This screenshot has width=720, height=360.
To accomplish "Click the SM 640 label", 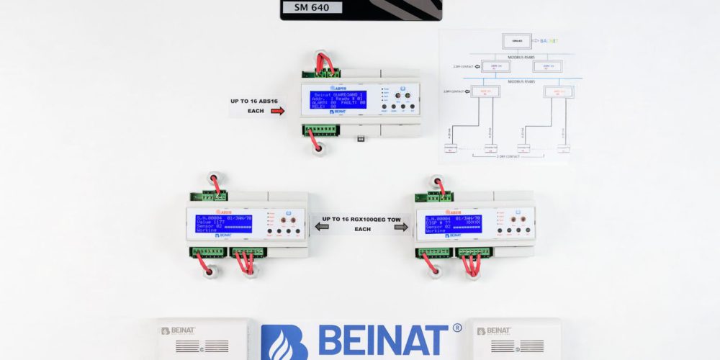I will click(318, 7).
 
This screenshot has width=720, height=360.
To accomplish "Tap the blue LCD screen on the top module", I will click(338, 99).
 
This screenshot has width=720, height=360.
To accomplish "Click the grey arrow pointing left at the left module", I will click(322, 227).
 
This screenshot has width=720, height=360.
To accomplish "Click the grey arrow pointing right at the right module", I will click(401, 227).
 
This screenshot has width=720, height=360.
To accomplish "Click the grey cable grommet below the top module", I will click(318, 150).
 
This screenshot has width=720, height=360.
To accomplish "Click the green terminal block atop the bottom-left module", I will click(210, 196).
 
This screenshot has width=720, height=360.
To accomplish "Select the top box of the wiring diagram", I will click(516, 41).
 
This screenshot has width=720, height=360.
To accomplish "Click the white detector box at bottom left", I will click(203, 339).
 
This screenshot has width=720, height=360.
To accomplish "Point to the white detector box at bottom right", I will click(513, 339).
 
